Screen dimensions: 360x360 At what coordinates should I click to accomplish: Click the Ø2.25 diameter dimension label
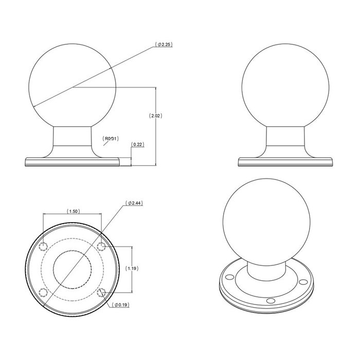click(x=165, y=45)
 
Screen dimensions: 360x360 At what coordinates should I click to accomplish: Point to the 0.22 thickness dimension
click(x=137, y=145)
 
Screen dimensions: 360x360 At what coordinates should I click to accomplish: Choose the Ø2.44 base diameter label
click(x=134, y=203)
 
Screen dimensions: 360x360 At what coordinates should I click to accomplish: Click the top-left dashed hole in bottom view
click(x=44, y=244)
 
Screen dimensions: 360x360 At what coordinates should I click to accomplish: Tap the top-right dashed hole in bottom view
click(x=101, y=244)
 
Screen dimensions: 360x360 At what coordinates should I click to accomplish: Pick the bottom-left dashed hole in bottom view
click(x=44, y=293)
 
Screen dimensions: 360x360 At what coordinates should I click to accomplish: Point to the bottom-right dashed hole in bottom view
click(x=101, y=293)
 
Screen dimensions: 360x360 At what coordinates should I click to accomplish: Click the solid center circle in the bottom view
click(x=72, y=268)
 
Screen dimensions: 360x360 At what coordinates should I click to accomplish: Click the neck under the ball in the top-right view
click(x=286, y=139)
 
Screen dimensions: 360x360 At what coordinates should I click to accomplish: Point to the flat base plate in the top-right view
click(x=286, y=163)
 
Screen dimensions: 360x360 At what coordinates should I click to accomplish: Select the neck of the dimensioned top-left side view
click(x=72, y=139)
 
